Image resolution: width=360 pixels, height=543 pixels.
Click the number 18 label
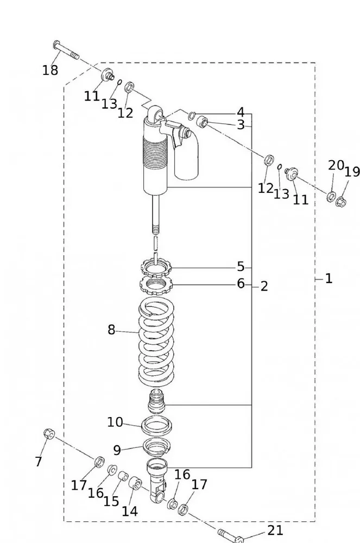[x=50, y=70]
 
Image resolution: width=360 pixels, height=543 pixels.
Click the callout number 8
[x=111, y=330]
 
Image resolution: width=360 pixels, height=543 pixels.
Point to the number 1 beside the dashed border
[x=329, y=279]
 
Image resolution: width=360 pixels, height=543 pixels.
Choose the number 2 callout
[x=264, y=286]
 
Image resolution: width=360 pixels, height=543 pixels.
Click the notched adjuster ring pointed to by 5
[x=156, y=267]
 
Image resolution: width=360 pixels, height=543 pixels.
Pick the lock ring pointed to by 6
[x=156, y=283]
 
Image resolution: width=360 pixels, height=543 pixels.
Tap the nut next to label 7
[x=48, y=434]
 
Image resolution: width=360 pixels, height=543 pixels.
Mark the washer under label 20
[x=331, y=196]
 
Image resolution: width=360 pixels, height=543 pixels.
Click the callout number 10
[x=115, y=422]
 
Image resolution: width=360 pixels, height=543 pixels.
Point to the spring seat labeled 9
[x=157, y=449]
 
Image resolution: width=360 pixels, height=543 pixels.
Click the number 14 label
[x=130, y=511]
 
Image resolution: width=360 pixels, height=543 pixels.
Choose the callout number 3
[x=241, y=125]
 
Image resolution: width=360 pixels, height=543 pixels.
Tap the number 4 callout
[x=241, y=112]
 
